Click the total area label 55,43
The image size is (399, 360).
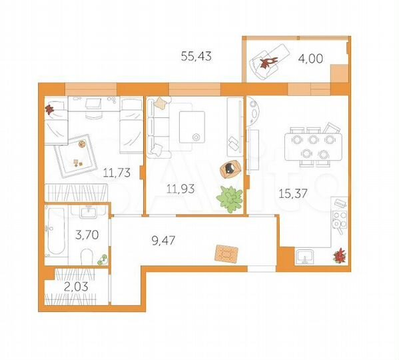coord(196,57)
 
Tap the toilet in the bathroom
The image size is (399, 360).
coord(85,257)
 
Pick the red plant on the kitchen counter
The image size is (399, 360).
coord(340,254)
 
